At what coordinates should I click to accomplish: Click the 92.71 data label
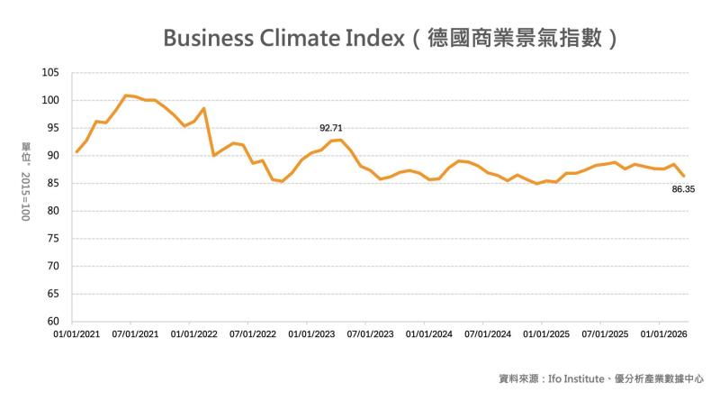332,129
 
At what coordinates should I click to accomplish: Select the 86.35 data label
685,190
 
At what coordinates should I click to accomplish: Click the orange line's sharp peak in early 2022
204,108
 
